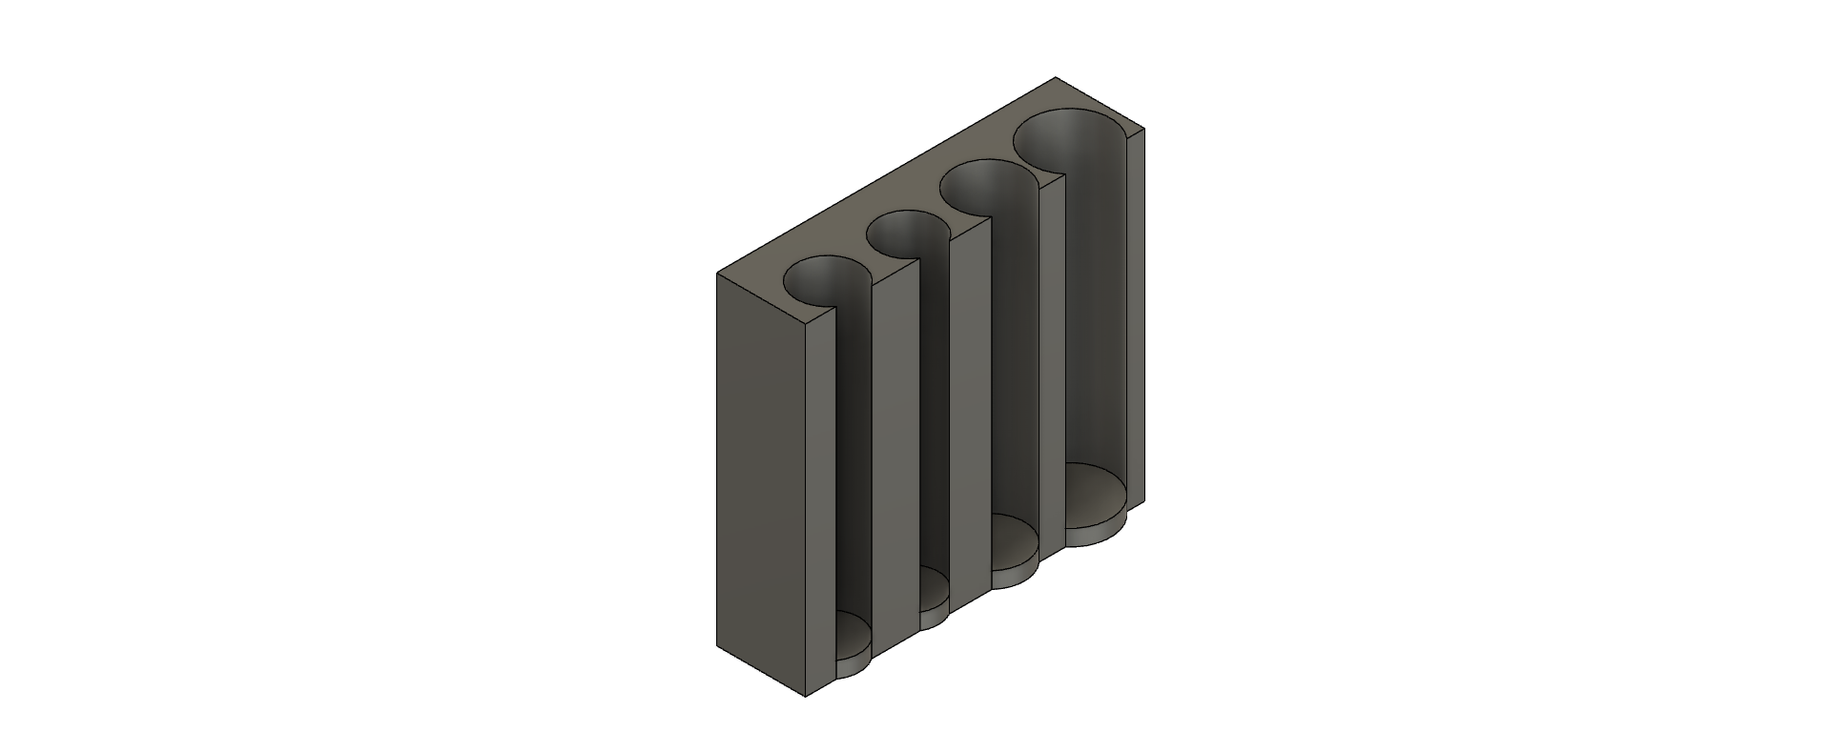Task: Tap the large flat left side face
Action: coord(760,486)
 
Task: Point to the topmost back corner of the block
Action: coord(1055,77)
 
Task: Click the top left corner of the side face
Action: coord(716,273)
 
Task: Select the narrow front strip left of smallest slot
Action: coord(820,505)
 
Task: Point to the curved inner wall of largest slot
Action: coord(1097,305)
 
